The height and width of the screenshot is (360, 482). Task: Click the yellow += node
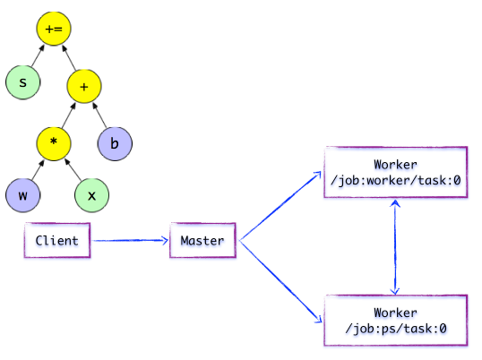[x=54, y=29]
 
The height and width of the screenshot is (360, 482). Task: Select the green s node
[x=22, y=82]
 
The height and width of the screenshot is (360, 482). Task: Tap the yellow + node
[x=84, y=86]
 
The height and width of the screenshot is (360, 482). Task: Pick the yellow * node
[x=54, y=144]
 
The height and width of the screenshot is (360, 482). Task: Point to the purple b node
[x=115, y=144]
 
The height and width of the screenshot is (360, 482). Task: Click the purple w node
[x=22, y=195]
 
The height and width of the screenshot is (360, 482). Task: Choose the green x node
[x=91, y=195]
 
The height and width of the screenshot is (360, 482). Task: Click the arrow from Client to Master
[x=131, y=240]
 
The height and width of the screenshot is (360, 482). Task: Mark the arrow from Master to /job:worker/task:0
[x=280, y=206]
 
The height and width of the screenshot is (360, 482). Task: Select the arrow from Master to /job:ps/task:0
[x=280, y=281]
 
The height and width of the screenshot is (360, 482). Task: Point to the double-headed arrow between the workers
[x=395, y=247]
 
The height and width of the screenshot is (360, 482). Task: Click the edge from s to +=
[x=38, y=56]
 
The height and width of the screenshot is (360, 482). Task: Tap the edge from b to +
[x=99, y=116]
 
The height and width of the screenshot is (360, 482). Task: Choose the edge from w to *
[x=39, y=170]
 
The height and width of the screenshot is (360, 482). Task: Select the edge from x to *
[x=73, y=169]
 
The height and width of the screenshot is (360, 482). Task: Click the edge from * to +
[x=69, y=116]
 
